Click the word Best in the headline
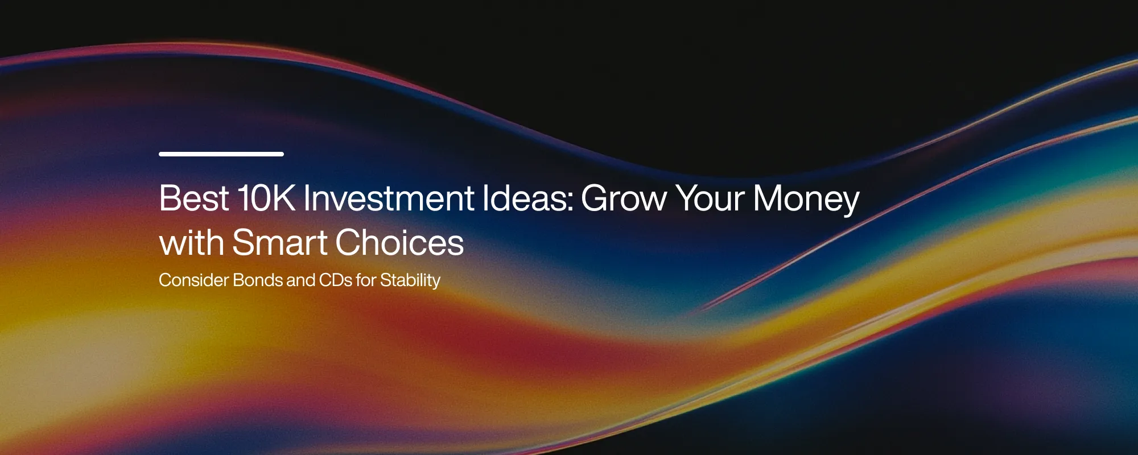coord(194,198)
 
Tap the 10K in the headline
coord(267,198)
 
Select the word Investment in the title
coord(389,198)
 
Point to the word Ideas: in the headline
coord(528,198)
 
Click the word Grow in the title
coord(624,198)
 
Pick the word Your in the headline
coord(710,198)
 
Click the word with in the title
coord(191,243)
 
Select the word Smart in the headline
coord(280,243)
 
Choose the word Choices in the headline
coord(399,243)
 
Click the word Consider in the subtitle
coord(193,280)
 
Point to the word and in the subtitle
coord(301,280)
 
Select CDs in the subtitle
coord(336,280)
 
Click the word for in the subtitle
coord(366,280)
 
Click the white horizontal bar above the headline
coord(221,154)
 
